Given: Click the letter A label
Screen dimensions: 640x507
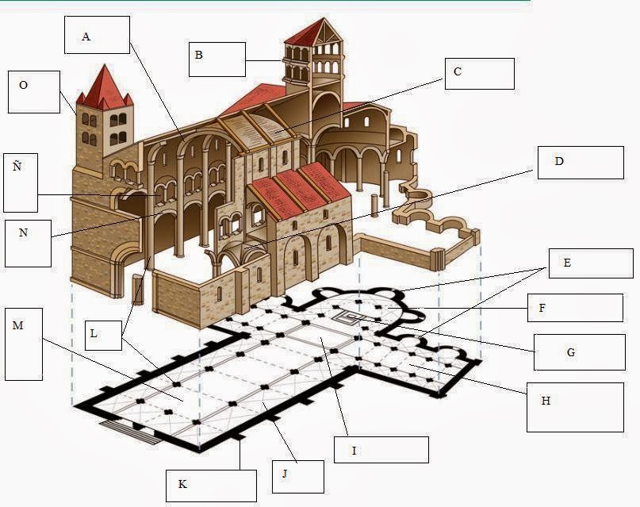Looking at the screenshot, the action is click(x=86, y=36).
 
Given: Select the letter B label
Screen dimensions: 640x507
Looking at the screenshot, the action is click(x=198, y=55).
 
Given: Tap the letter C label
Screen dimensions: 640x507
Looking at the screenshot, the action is click(x=458, y=72).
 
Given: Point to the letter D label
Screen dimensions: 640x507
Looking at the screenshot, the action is click(x=558, y=161).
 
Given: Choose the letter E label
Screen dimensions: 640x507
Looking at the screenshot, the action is click(x=566, y=262).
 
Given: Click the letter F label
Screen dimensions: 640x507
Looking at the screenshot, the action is click(x=542, y=308).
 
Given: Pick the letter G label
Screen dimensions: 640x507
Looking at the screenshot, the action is click(x=570, y=351).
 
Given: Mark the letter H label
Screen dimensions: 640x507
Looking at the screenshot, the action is click(x=546, y=401).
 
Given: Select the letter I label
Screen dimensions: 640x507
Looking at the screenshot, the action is click(x=354, y=451).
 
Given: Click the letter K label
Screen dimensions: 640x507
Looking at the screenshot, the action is click(x=182, y=484).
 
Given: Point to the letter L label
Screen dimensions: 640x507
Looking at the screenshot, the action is click(x=94, y=334).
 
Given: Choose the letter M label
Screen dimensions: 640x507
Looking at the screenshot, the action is click(x=18, y=325).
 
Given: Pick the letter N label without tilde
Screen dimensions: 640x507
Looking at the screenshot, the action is click(x=23, y=233).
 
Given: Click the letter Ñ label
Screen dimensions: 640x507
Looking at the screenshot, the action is click(x=17, y=166).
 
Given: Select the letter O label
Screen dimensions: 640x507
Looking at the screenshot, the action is click(x=23, y=85).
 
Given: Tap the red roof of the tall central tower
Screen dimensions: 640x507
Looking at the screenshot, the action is click(x=311, y=32).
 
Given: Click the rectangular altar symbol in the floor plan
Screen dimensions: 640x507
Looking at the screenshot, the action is click(x=347, y=317).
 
